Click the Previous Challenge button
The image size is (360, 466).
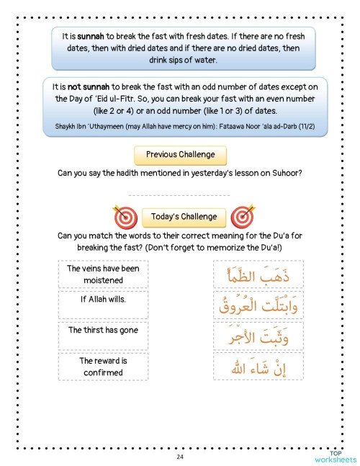point(179,154)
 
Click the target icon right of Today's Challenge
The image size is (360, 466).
point(242,216)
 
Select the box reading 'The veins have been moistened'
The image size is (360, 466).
point(103,274)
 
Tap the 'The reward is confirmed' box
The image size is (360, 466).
point(103,367)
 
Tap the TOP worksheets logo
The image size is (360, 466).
point(336,456)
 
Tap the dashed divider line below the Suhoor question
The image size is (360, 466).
point(179,195)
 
